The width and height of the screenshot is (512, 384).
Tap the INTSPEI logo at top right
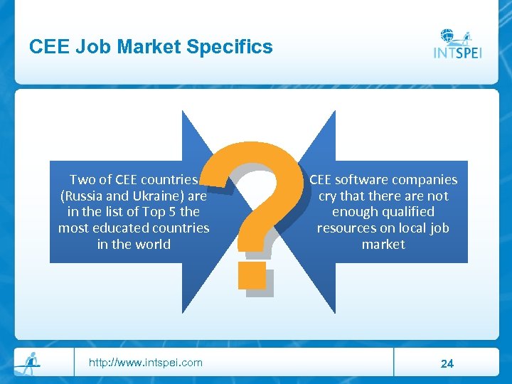[458, 44]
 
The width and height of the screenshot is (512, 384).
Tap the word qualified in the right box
[403, 212]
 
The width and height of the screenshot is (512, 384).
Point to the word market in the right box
[383, 245]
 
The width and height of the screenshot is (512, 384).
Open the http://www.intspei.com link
[145, 363]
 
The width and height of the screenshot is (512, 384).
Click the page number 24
[447, 363]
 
